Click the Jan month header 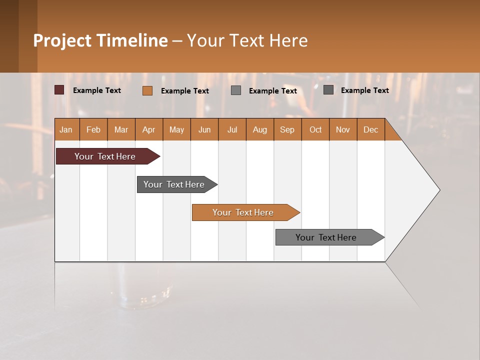pos(66,129)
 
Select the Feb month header pos(93,129)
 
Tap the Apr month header pos(149,129)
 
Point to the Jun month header pos(204,129)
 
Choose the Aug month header pos(260,129)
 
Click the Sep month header pos(287,129)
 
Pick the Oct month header pos(315,129)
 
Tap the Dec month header pos(371,129)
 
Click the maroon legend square pos(59,90)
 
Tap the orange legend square pos(147,90)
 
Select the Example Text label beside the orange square pos(185,91)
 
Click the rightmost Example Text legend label pos(364,90)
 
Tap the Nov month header pos(343,129)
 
